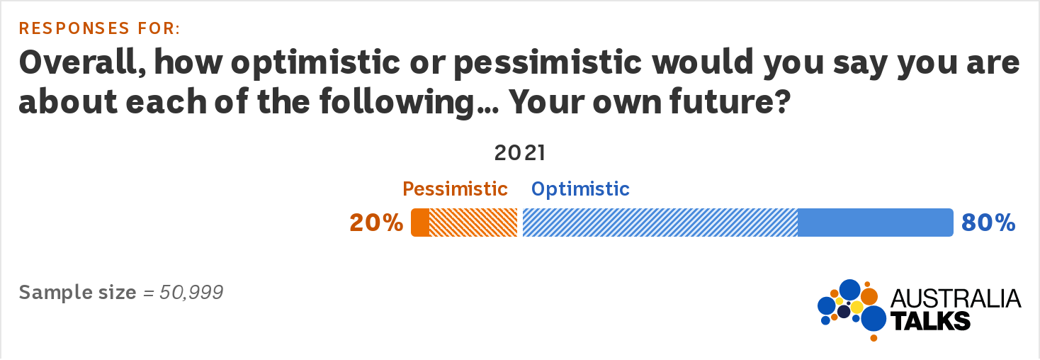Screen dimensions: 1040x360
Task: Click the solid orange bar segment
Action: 420,223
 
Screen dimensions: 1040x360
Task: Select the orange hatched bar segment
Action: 473,223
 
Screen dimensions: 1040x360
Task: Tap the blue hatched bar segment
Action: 660,223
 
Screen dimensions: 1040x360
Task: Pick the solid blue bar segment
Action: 876,223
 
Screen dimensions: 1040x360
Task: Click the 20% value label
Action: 376,223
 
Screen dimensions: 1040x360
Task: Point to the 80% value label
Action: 988,223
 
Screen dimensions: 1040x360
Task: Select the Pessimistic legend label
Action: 455,189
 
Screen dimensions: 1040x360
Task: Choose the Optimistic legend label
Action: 580,189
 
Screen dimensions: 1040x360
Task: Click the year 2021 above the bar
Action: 520,153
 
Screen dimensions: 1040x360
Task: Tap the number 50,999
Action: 191,293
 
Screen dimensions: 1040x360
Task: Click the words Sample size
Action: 77,293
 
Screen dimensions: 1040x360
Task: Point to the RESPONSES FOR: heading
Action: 99,28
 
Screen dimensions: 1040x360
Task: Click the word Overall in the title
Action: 83,62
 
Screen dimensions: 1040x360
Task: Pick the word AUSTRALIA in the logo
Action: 956,299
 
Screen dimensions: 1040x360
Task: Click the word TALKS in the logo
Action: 930,321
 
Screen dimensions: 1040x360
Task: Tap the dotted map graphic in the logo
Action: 852,310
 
